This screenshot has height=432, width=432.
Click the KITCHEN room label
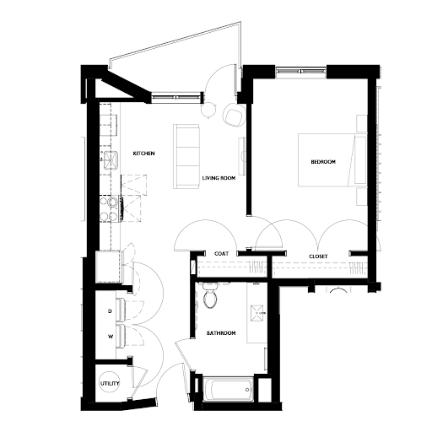[x=143, y=154]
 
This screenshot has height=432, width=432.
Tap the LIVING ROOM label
[x=219, y=178]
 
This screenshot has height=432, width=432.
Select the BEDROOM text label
[x=323, y=162]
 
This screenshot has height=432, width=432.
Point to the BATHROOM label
[x=221, y=333]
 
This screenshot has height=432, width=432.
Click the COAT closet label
[x=221, y=254]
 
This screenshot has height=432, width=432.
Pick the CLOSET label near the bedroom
[x=318, y=256]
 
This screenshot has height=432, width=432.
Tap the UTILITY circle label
[x=110, y=383]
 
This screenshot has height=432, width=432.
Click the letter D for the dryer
[x=110, y=311]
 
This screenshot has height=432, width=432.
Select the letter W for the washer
[x=111, y=336]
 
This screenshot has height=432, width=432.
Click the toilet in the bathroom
[x=210, y=296]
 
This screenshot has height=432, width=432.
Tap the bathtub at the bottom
[x=228, y=390]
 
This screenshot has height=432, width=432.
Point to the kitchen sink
[x=111, y=160]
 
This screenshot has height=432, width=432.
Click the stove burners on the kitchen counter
[x=109, y=208]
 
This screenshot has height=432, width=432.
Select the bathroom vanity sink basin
[x=257, y=313]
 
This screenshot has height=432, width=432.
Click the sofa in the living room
[x=186, y=156]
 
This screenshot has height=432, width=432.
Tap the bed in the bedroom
[x=332, y=159]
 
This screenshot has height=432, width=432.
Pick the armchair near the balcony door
[x=233, y=115]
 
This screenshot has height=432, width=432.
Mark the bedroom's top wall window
[x=300, y=72]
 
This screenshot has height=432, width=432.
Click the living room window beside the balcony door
[x=177, y=97]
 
